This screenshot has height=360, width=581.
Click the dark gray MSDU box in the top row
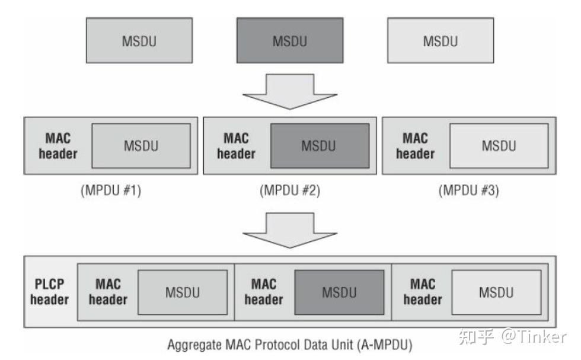(289, 41)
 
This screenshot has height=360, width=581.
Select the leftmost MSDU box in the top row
(139, 41)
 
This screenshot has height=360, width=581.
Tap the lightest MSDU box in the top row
(440, 41)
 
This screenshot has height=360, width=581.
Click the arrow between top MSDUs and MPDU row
(289, 91)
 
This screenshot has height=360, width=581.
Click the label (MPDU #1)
(110, 192)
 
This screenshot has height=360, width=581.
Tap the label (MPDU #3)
(468, 192)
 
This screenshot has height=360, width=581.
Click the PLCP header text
(49, 292)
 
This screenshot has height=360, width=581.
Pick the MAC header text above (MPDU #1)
(58, 145)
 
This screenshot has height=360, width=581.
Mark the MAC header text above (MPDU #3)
(415, 145)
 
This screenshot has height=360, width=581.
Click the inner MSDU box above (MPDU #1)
(141, 146)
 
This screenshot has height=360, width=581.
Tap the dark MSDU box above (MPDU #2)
(320, 146)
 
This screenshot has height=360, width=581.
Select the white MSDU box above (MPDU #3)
(498, 146)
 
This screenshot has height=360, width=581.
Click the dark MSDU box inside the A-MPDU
(339, 292)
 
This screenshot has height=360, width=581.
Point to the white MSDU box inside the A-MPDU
(496, 292)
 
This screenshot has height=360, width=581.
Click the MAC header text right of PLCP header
(108, 292)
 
